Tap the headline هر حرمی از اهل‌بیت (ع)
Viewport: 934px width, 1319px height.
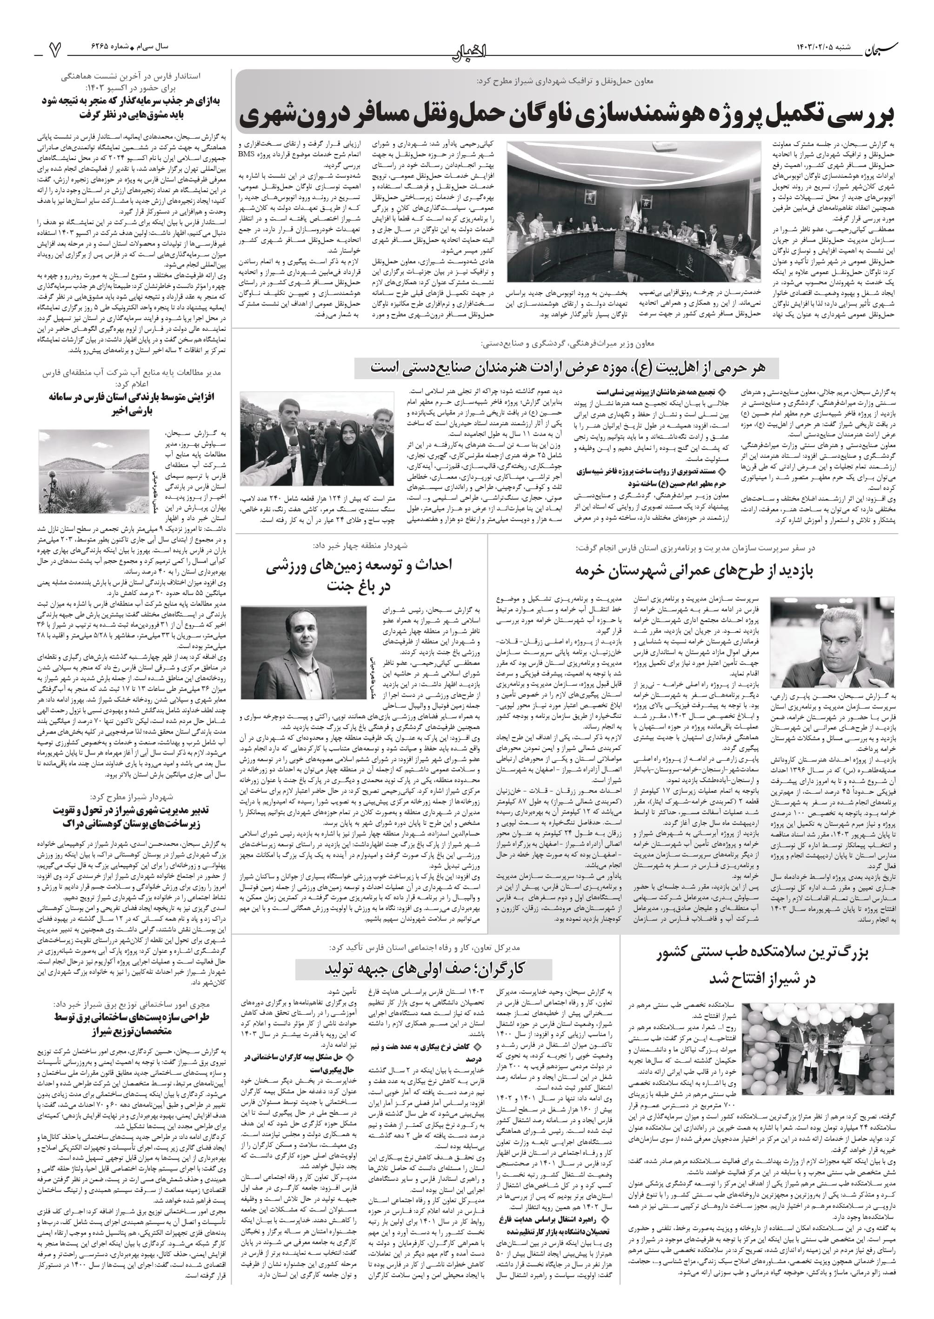click(567, 368)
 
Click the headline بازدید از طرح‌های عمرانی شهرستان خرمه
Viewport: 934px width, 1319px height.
click(694, 570)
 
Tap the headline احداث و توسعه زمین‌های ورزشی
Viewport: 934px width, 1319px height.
click(360, 575)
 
